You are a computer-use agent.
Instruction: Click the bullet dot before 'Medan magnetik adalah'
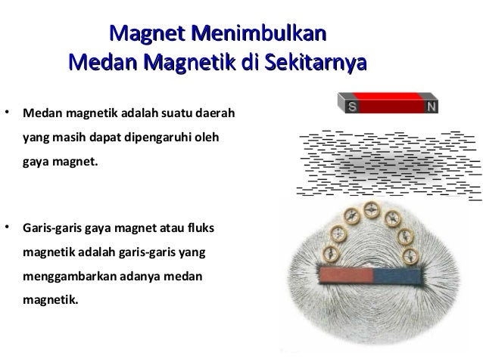click(8, 115)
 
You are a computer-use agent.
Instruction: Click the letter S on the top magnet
click(352, 107)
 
